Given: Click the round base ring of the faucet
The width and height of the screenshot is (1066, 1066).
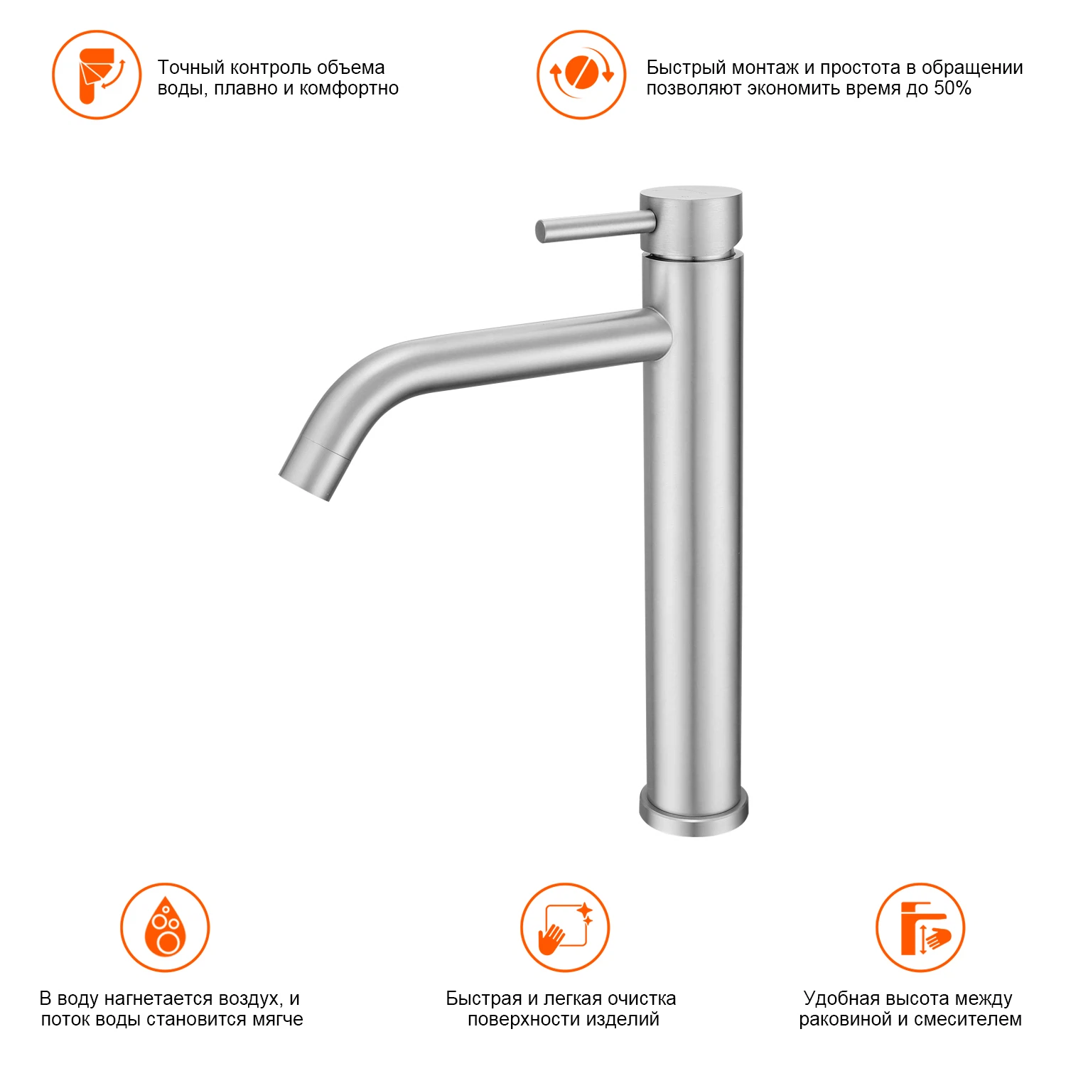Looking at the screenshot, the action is point(694,812).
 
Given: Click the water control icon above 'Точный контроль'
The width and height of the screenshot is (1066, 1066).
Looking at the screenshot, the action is point(97,75).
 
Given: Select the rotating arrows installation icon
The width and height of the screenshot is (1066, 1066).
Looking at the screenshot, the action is point(581,75).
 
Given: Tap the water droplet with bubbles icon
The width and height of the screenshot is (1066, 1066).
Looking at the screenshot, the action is point(165,927).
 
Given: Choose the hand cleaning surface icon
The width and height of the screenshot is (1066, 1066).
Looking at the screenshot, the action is point(565,927).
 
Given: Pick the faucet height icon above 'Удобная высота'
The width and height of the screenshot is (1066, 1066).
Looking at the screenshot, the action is point(920,927).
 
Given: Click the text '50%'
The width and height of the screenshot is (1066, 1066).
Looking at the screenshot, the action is point(952,88).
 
